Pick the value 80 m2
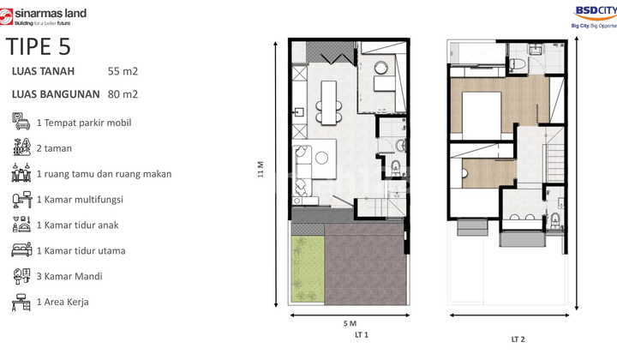tap(123, 94)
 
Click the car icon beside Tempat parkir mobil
tap(21, 122)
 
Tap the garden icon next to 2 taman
tap(21, 147)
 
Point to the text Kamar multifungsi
tap(85, 199)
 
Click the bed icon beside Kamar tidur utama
tap(21, 250)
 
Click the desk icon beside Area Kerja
tap(21, 302)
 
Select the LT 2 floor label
tap(518, 339)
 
